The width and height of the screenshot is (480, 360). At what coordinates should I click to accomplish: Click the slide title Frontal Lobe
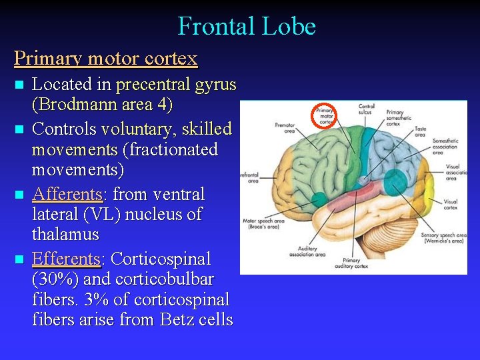coord(246,27)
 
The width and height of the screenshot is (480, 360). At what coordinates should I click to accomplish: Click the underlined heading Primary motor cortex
coord(106,58)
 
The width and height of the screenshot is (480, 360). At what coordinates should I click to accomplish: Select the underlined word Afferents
coord(67,194)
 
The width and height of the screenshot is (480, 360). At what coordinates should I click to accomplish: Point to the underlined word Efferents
coord(65,258)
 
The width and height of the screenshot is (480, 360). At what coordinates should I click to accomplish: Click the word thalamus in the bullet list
coord(65,235)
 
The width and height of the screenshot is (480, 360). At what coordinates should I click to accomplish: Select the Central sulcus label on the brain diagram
coord(366,109)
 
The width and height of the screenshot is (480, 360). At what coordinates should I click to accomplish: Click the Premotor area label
coord(284,127)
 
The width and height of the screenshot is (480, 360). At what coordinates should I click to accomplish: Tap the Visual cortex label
coord(450,203)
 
